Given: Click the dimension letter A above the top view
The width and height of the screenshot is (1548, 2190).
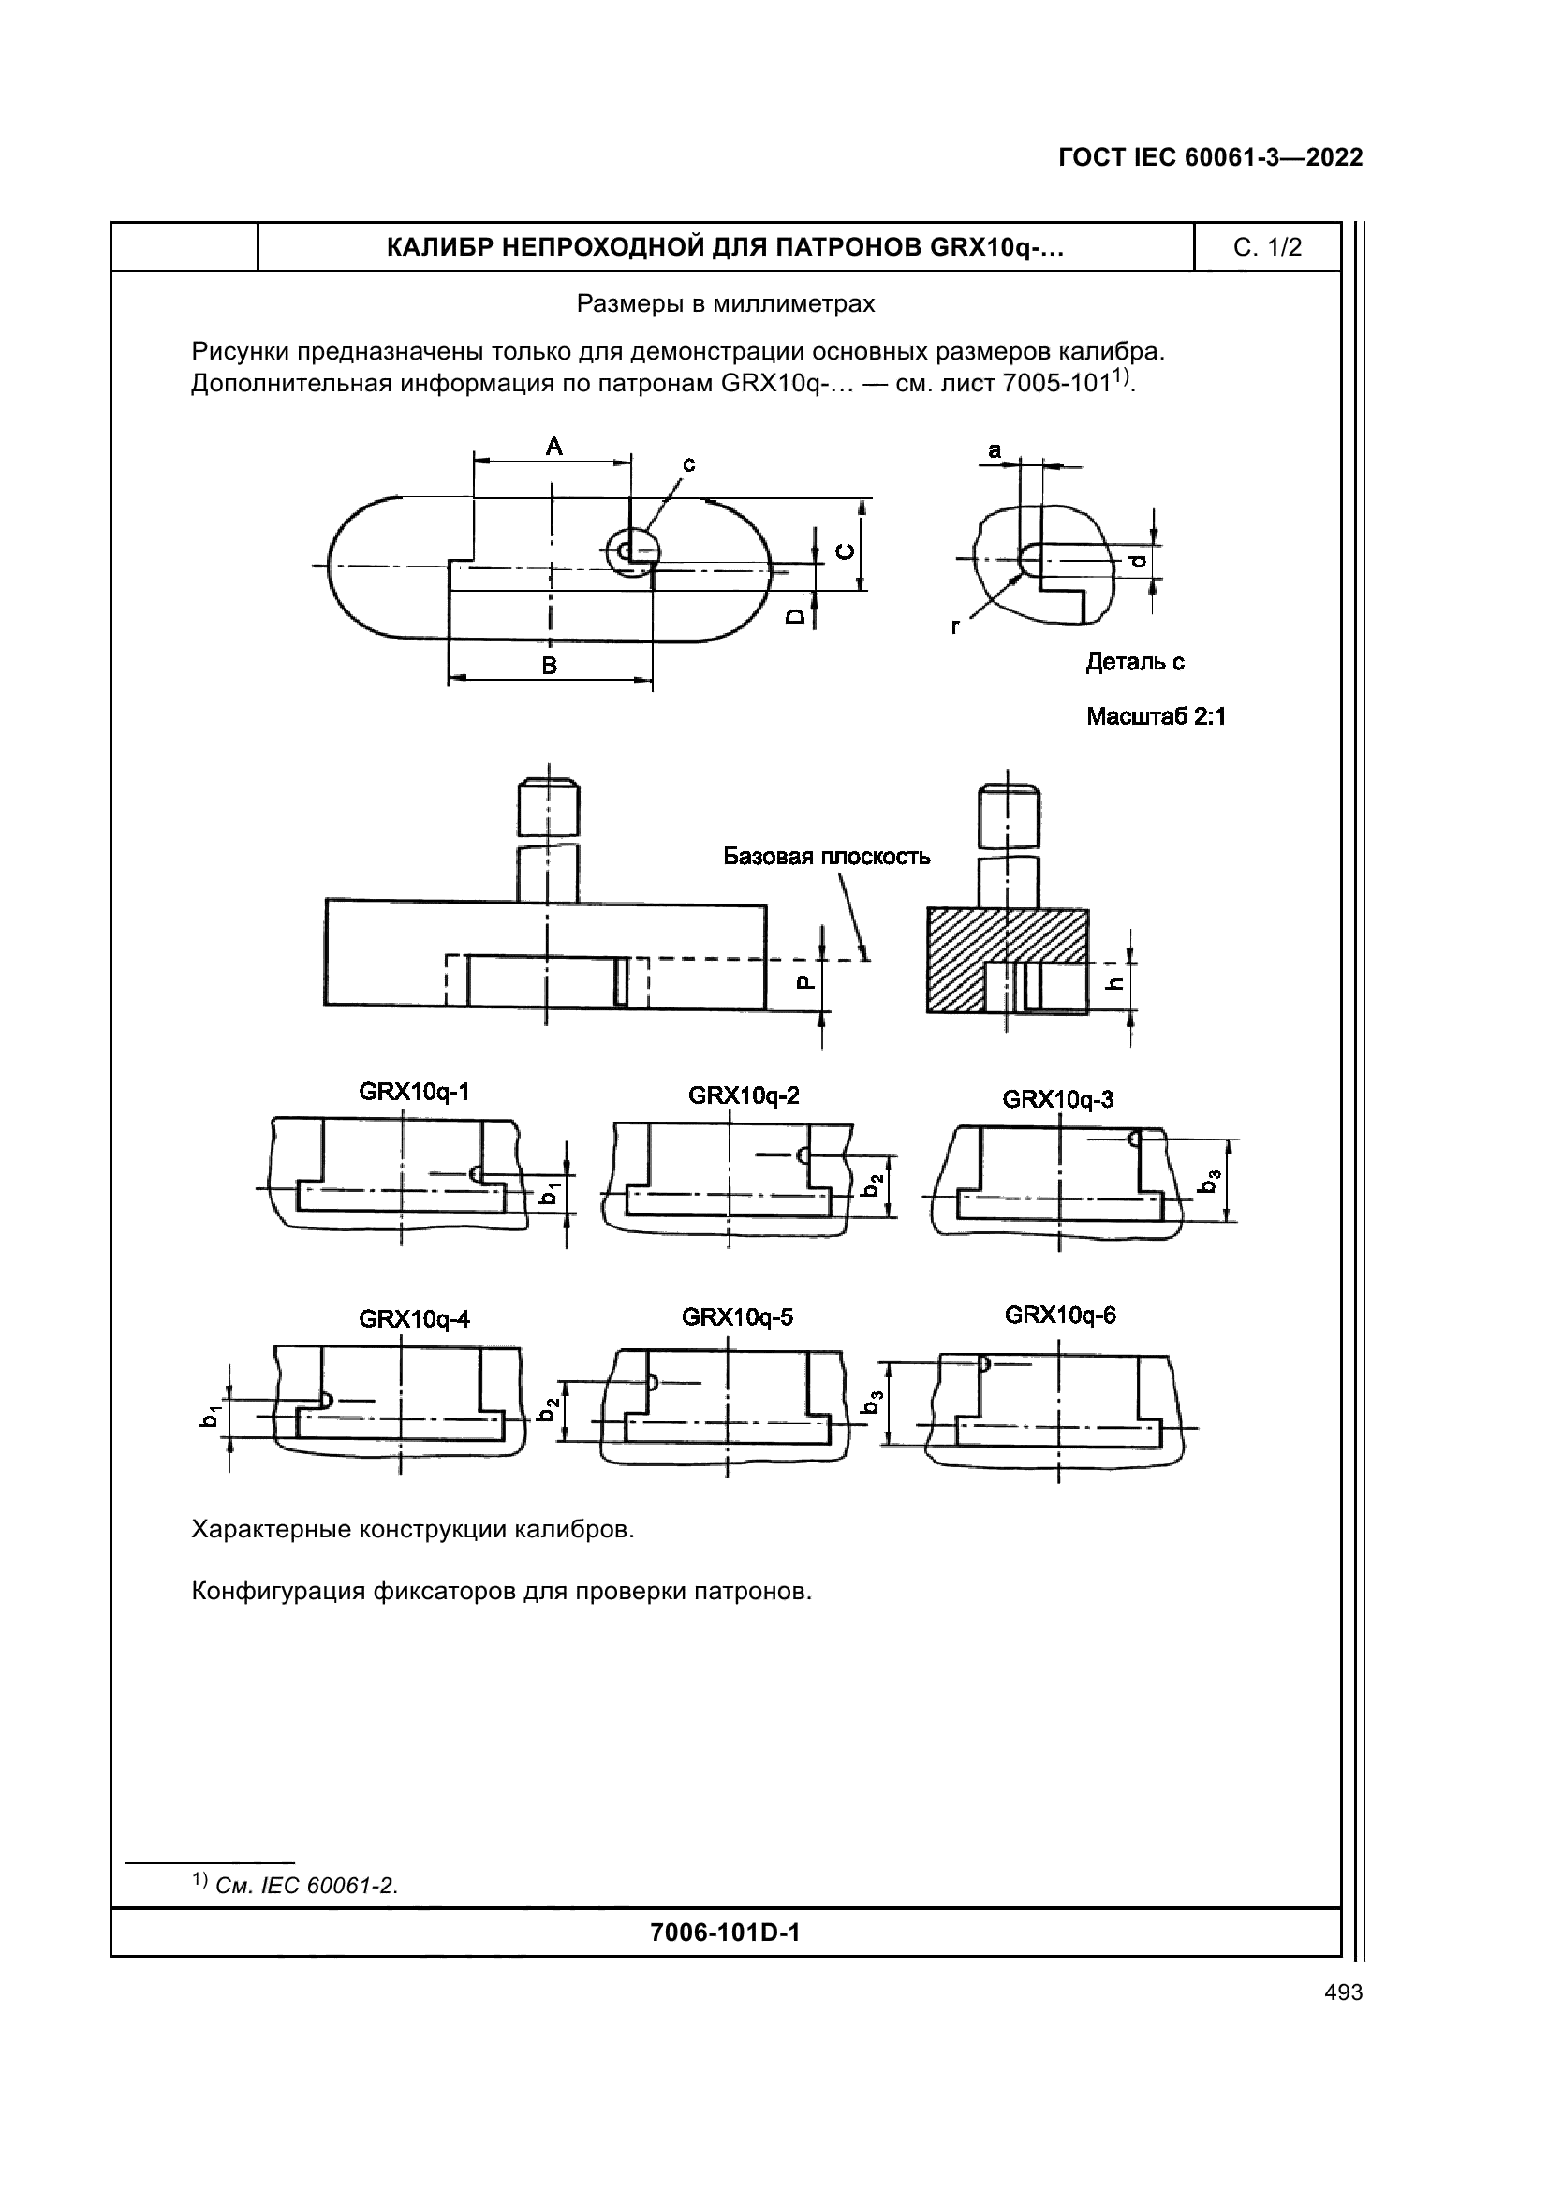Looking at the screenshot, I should pyautogui.click(x=554, y=446).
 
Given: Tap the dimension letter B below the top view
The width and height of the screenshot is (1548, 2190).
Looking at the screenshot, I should pyautogui.click(x=550, y=666).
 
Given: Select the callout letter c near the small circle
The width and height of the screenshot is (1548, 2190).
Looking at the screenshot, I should pyautogui.click(x=687, y=464).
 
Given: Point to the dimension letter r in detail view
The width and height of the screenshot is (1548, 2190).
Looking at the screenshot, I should pyautogui.click(x=955, y=625).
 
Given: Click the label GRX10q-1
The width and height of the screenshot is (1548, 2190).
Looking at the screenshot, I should pyautogui.click(x=414, y=1091).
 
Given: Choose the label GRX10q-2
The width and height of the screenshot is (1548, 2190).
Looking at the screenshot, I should pyautogui.click(x=744, y=1095).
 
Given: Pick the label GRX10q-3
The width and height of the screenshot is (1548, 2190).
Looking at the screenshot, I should pyautogui.click(x=1057, y=1099).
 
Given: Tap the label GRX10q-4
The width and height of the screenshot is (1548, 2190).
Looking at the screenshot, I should pyautogui.click(x=414, y=1319).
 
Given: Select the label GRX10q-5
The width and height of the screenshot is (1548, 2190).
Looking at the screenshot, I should pyautogui.click(x=737, y=1317).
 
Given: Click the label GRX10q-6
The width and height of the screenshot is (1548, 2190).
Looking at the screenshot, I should pyautogui.click(x=1060, y=1315).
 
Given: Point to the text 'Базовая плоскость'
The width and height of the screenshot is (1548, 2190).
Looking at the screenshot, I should pyautogui.click(x=826, y=856).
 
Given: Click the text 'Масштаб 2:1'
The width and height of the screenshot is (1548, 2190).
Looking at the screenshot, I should pyautogui.click(x=1156, y=716).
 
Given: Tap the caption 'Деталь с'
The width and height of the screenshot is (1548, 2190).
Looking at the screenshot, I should pyautogui.click(x=1135, y=662).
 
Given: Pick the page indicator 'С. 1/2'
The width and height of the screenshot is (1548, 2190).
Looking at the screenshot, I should pyautogui.click(x=1267, y=248).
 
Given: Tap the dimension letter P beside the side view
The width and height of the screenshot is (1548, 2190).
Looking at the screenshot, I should pyautogui.click(x=805, y=982).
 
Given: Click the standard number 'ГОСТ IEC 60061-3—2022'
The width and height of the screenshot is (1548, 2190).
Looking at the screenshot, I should pyautogui.click(x=1210, y=157).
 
